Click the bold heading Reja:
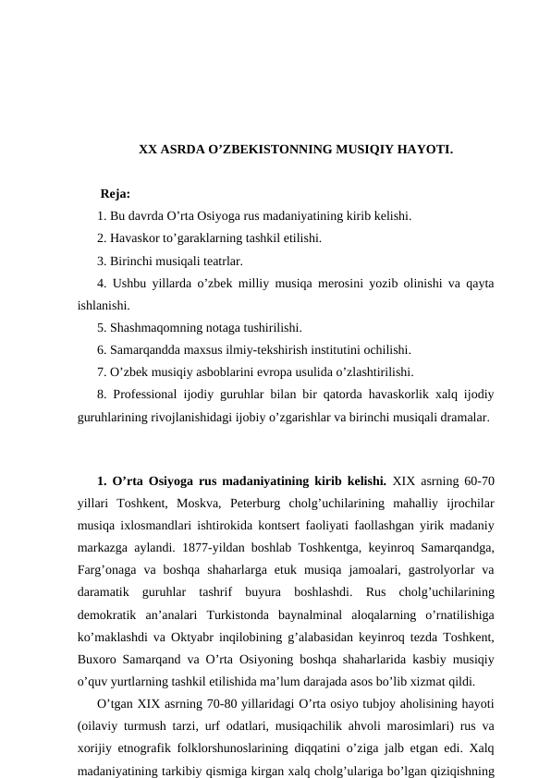tap(115, 194)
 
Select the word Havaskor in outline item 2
tap(134, 238)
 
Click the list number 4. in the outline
tap(102, 283)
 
